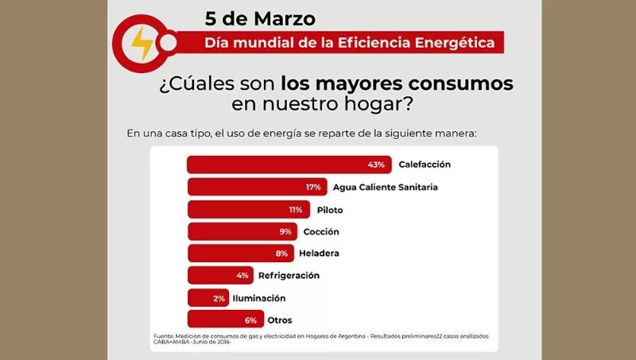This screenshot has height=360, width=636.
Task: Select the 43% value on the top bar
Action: (x=376, y=165)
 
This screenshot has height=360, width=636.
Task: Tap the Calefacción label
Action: (x=425, y=165)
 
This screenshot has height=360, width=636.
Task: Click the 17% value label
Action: (x=312, y=187)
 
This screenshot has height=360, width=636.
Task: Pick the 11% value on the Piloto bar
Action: (x=295, y=210)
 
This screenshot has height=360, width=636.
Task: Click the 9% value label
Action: (x=285, y=232)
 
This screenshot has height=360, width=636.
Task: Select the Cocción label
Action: (x=321, y=232)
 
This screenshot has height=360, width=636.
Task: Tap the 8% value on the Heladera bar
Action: (x=281, y=254)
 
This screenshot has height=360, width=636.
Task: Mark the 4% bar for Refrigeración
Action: (x=219, y=276)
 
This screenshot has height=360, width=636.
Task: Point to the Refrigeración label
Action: (x=289, y=276)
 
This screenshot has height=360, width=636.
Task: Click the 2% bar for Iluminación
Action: (x=207, y=298)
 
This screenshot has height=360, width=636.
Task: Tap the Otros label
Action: (x=280, y=320)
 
